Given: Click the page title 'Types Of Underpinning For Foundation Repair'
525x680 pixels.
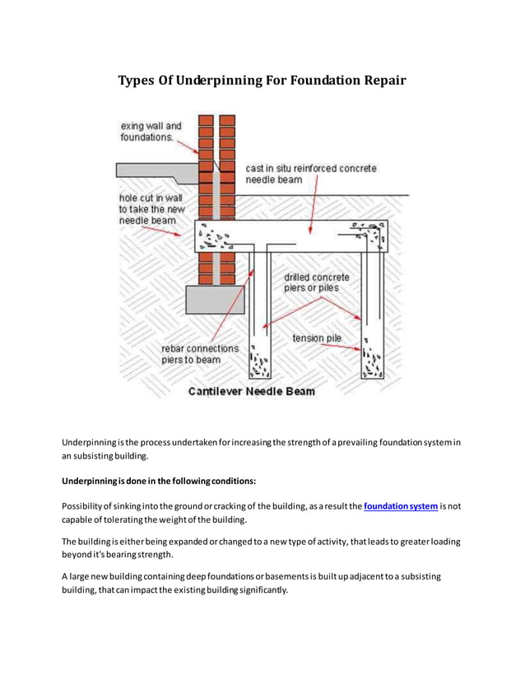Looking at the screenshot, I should pyautogui.click(x=262, y=82).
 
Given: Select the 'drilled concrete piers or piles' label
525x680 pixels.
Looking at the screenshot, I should pyautogui.click(x=317, y=282).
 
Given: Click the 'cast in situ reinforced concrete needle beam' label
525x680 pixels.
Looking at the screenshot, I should pyautogui.click(x=310, y=173).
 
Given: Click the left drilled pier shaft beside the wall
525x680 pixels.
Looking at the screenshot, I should pyautogui.click(x=258, y=313).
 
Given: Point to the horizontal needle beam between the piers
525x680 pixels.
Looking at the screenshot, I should pyautogui.click(x=304, y=239).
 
